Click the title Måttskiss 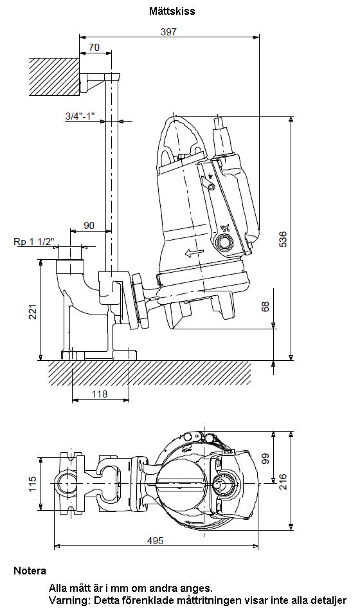(x=172, y=11)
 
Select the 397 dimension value (x=168, y=32)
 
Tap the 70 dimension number (x=94, y=48)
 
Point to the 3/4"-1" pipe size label (x=80, y=116)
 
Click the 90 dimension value (x=89, y=226)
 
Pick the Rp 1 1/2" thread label (x=34, y=242)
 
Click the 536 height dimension (x=283, y=239)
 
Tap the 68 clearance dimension (x=265, y=306)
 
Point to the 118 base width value (x=100, y=394)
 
